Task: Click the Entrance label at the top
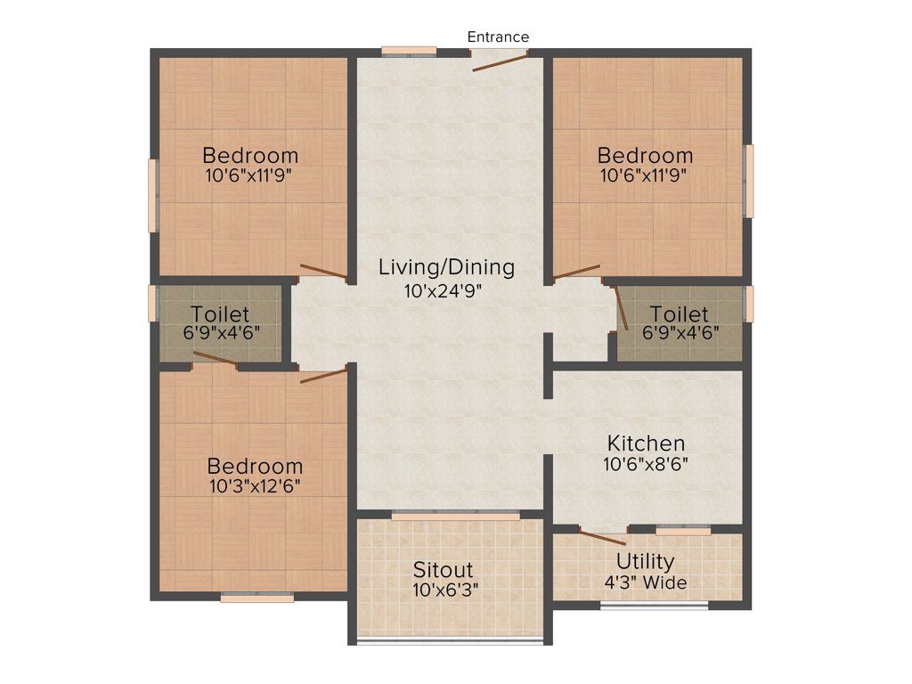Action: point(498,37)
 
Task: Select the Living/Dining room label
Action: point(446,266)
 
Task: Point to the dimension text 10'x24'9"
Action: point(443,289)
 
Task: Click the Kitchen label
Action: point(646,443)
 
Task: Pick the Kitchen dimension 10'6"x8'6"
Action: point(646,463)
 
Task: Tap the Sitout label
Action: point(443,569)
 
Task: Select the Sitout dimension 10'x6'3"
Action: point(443,589)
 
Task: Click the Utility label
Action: point(646,561)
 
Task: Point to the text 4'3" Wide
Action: point(646,582)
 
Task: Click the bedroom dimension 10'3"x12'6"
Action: point(255,486)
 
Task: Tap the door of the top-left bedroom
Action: point(323,272)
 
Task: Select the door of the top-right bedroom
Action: point(576,271)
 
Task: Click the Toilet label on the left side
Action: point(220,314)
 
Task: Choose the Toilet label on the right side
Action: point(680,314)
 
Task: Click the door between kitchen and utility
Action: point(602,536)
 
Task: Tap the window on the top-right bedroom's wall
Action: point(749,181)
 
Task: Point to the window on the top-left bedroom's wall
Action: point(152,196)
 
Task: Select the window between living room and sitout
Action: point(455,515)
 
